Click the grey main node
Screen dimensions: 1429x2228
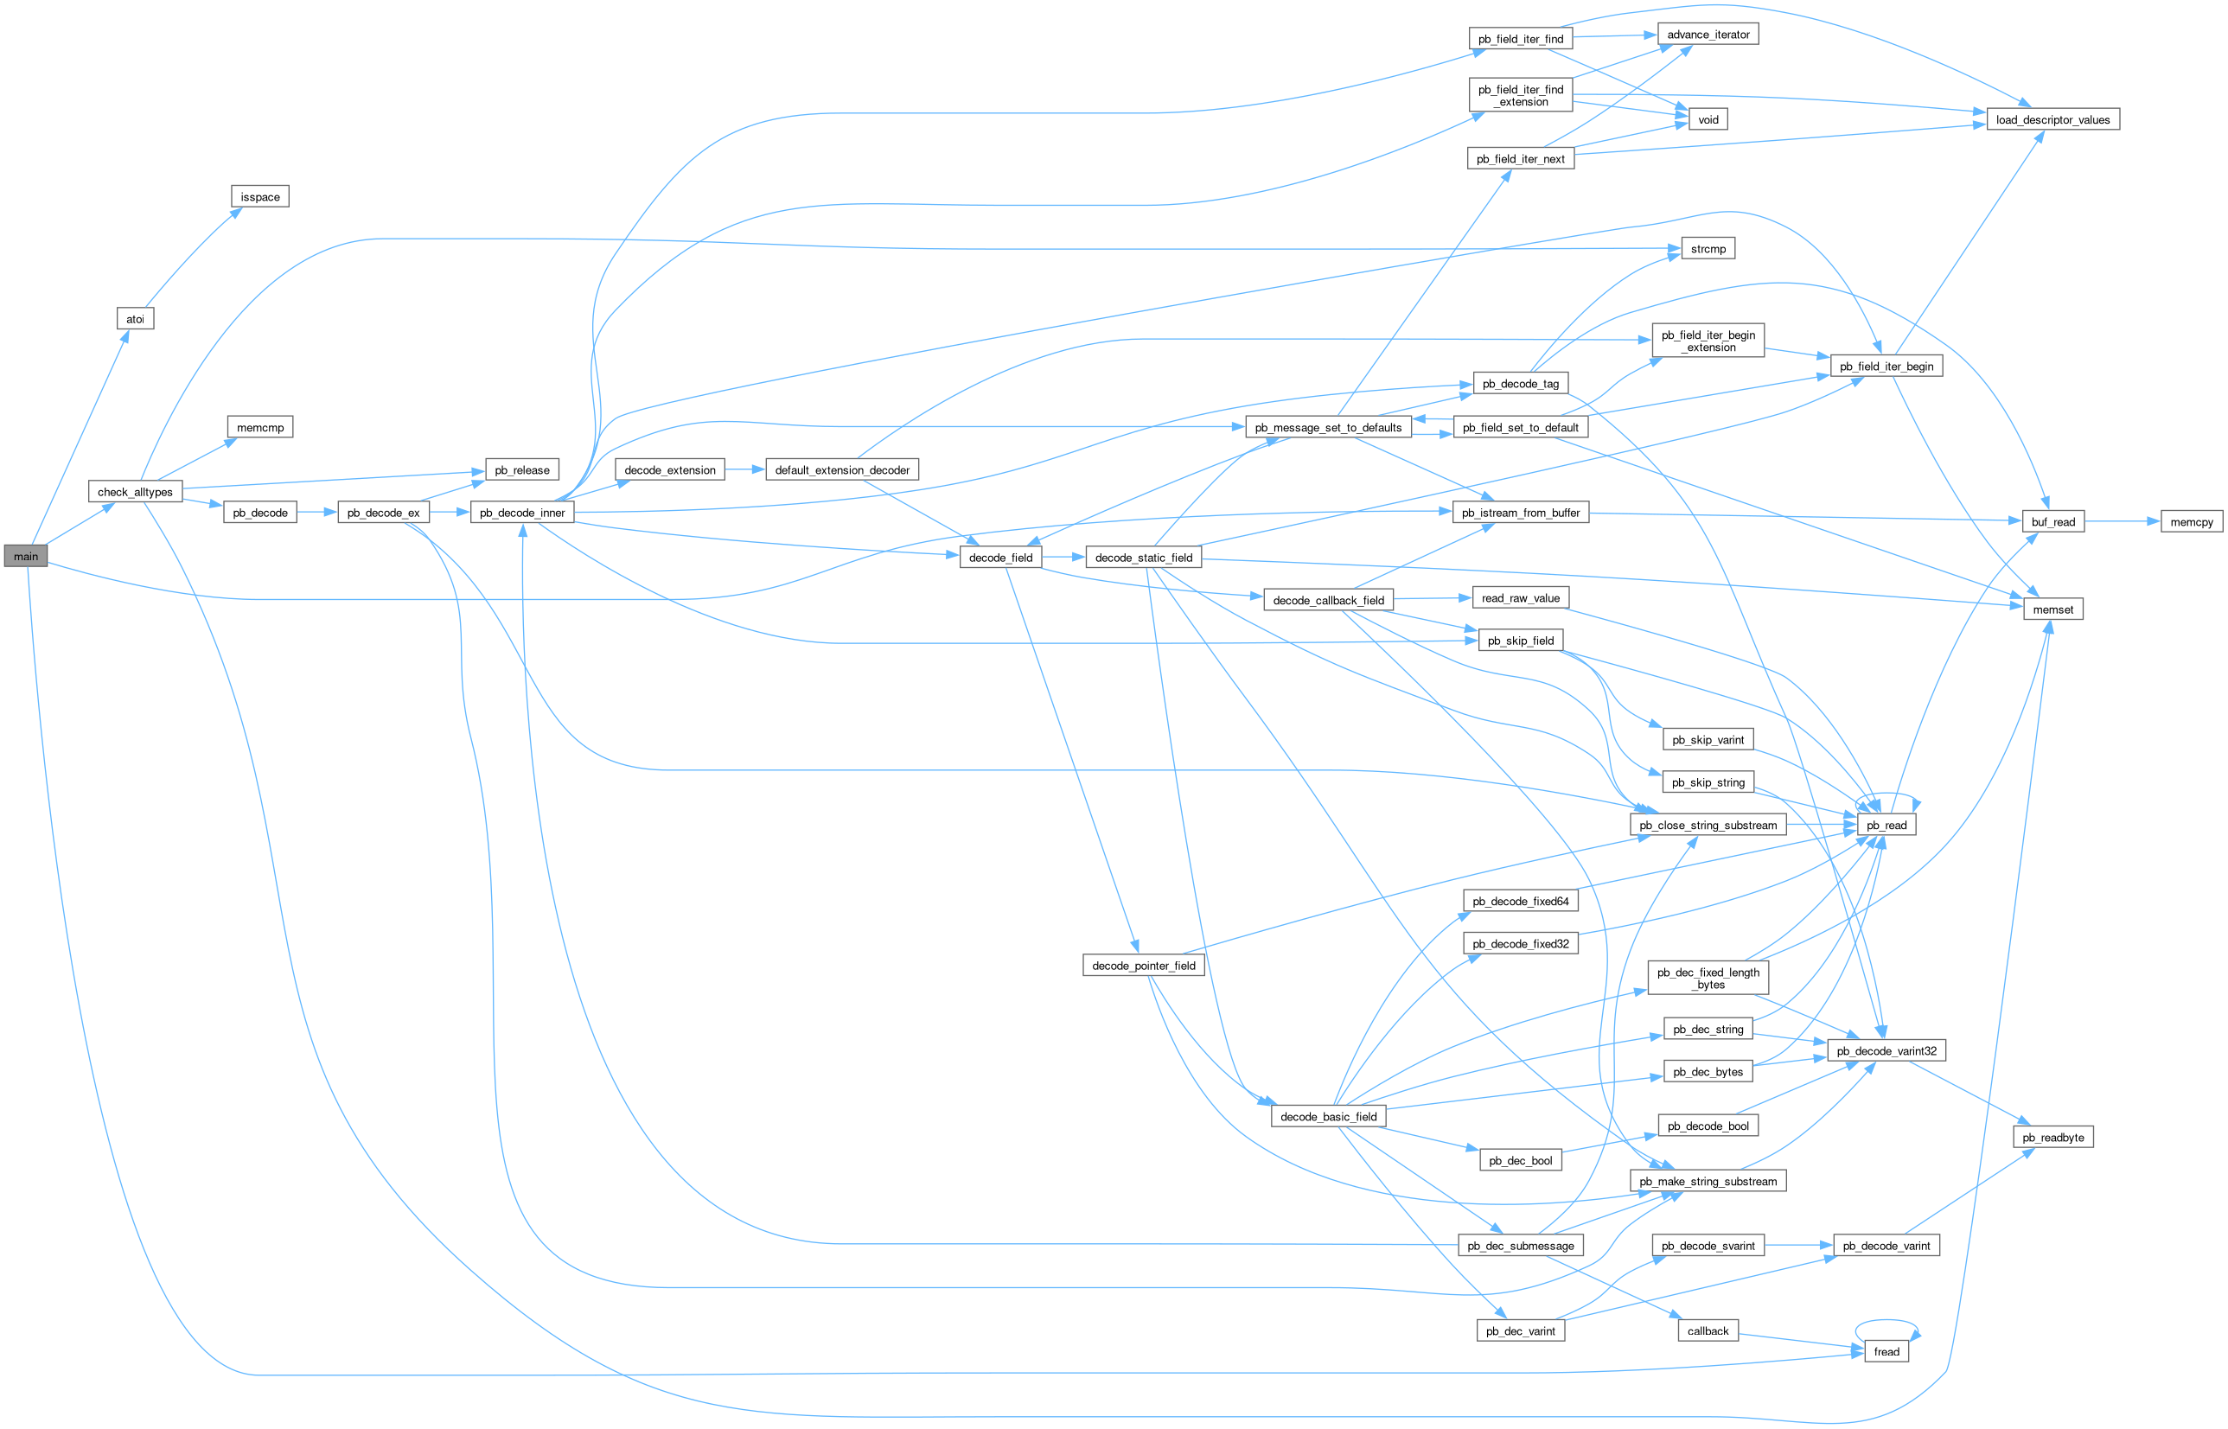(26, 557)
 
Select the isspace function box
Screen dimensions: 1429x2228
(260, 197)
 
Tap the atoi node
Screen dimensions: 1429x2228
(136, 319)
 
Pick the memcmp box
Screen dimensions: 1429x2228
(260, 428)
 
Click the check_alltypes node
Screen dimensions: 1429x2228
(136, 492)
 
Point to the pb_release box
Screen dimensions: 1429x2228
(521, 470)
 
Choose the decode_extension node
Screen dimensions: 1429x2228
(670, 470)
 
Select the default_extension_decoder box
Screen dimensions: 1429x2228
(841, 470)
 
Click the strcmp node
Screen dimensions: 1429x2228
(1708, 249)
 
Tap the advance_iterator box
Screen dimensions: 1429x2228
(1708, 35)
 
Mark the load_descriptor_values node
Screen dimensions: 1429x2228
(2052, 119)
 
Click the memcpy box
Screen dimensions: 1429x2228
(2192, 522)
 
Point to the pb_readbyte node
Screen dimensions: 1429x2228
(2052, 1138)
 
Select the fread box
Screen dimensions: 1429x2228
(1886, 1352)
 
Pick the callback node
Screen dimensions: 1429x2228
(1708, 1331)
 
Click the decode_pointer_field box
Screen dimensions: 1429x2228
(1143, 966)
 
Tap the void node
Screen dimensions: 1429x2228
(1708, 119)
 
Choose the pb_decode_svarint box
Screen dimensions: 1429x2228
(1708, 1247)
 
